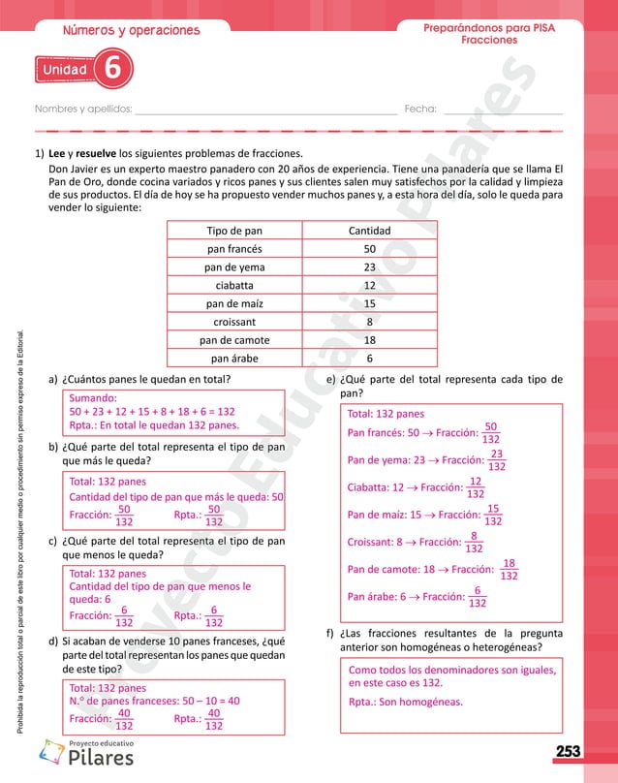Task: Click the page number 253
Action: (569, 752)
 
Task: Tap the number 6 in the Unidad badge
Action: (113, 70)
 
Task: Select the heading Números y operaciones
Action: (131, 30)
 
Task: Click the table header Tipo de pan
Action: (234, 232)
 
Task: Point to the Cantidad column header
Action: (369, 232)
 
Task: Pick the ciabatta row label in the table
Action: (234, 286)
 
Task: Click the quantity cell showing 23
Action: (369, 267)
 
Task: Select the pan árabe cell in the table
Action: (234, 358)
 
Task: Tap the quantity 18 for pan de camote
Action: (369, 340)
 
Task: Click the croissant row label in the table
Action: (234, 322)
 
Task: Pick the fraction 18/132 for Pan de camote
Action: (510, 569)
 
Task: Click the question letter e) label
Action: (332, 379)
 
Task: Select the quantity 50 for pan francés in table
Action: (369, 249)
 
